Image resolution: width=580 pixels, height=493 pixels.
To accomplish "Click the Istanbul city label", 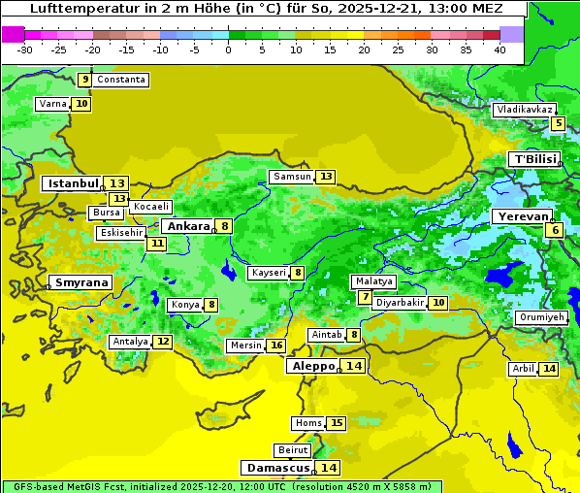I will pyautogui.click(x=73, y=183).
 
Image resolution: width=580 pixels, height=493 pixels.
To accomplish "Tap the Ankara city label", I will pyautogui.click(x=186, y=226).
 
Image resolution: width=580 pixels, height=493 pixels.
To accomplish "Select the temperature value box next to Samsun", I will pyautogui.click(x=326, y=177).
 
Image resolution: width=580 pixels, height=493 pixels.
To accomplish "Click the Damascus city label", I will pyautogui.click(x=277, y=468).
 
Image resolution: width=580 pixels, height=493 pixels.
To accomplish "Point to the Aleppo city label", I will pyautogui.click(x=311, y=366).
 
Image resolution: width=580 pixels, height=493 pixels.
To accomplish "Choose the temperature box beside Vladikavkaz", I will pyautogui.click(x=558, y=123).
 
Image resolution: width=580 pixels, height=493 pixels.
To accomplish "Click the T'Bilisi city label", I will pyautogui.click(x=534, y=159).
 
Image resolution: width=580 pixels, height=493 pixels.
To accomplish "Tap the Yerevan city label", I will pyautogui.click(x=522, y=216).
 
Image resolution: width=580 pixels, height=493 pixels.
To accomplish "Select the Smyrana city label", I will pyautogui.click(x=81, y=282).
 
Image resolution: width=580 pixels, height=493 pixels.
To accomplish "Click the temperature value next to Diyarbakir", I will pyautogui.click(x=438, y=303).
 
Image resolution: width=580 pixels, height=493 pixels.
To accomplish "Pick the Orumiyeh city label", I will pyautogui.click(x=540, y=317).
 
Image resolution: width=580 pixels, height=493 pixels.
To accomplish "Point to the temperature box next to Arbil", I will pyautogui.click(x=549, y=369).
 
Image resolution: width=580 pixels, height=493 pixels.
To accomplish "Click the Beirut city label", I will pyautogui.click(x=292, y=450).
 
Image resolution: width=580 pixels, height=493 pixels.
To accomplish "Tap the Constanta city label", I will pyautogui.click(x=121, y=80).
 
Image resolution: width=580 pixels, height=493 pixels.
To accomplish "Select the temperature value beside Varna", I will pyautogui.click(x=81, y=104).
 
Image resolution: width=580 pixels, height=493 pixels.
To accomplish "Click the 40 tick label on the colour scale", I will pyautogui.click(x=499, y=49).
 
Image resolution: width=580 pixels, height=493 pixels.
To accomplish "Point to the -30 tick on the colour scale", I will pyautogui.click(x=25, y=49).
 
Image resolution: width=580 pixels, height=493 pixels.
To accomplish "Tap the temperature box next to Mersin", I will pyautogui.click(x=276, y=345).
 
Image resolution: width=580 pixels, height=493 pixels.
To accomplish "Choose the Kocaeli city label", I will pyautogui.click(x=151, y=207).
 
